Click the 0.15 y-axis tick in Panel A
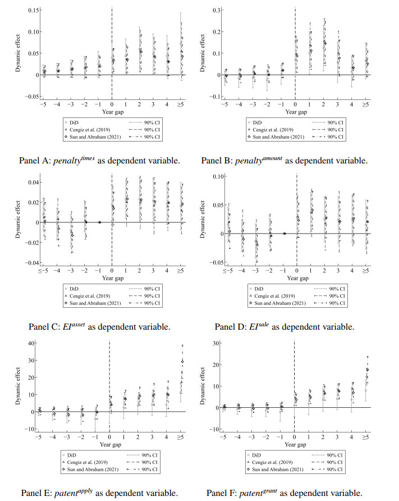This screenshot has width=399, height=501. pyautogui.click(x=33, y=10)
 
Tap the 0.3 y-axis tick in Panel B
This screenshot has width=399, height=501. pyautogui.click(x=217, y=10)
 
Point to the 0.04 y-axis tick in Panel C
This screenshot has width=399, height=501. pyautogui.click(x=33, y=183)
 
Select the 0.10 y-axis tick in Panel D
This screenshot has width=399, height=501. pyautogui.click(x=218, y=177)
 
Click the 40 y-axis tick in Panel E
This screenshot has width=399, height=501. pyautogui.click(x=31, y=344)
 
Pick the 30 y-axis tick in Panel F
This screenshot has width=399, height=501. pyautogui.click(x=216, y=344)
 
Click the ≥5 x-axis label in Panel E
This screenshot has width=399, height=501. pyautogui.click(x=180, y=437)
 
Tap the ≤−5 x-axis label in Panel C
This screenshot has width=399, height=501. pyautogui.click(x=43, y=271)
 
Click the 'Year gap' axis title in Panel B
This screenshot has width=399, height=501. pyautogui.click(x=296, y=112)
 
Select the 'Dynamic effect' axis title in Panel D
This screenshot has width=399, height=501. pyautogui.click(x=203, y=219)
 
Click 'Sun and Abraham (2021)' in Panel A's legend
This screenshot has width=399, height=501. pyautogui.click(x=95, y=137)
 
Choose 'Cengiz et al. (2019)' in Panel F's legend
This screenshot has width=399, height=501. pyautogui.click(x=272, y=462)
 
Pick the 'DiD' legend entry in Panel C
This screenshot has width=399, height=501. pyautogui.click(x=74, y=289)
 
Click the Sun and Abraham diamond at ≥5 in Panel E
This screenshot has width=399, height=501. pyautogui.click(x=182, y=361)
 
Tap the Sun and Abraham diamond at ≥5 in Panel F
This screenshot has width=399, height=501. pyautogui.click(x=368, y=370)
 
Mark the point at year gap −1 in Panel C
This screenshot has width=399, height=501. pyautogui.click(x=99, y=222)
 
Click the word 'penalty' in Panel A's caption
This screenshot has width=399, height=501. pyautogui.click(x=67, y=161)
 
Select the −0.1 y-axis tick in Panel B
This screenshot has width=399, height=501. pyautogui.click(x=215, y=97)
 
